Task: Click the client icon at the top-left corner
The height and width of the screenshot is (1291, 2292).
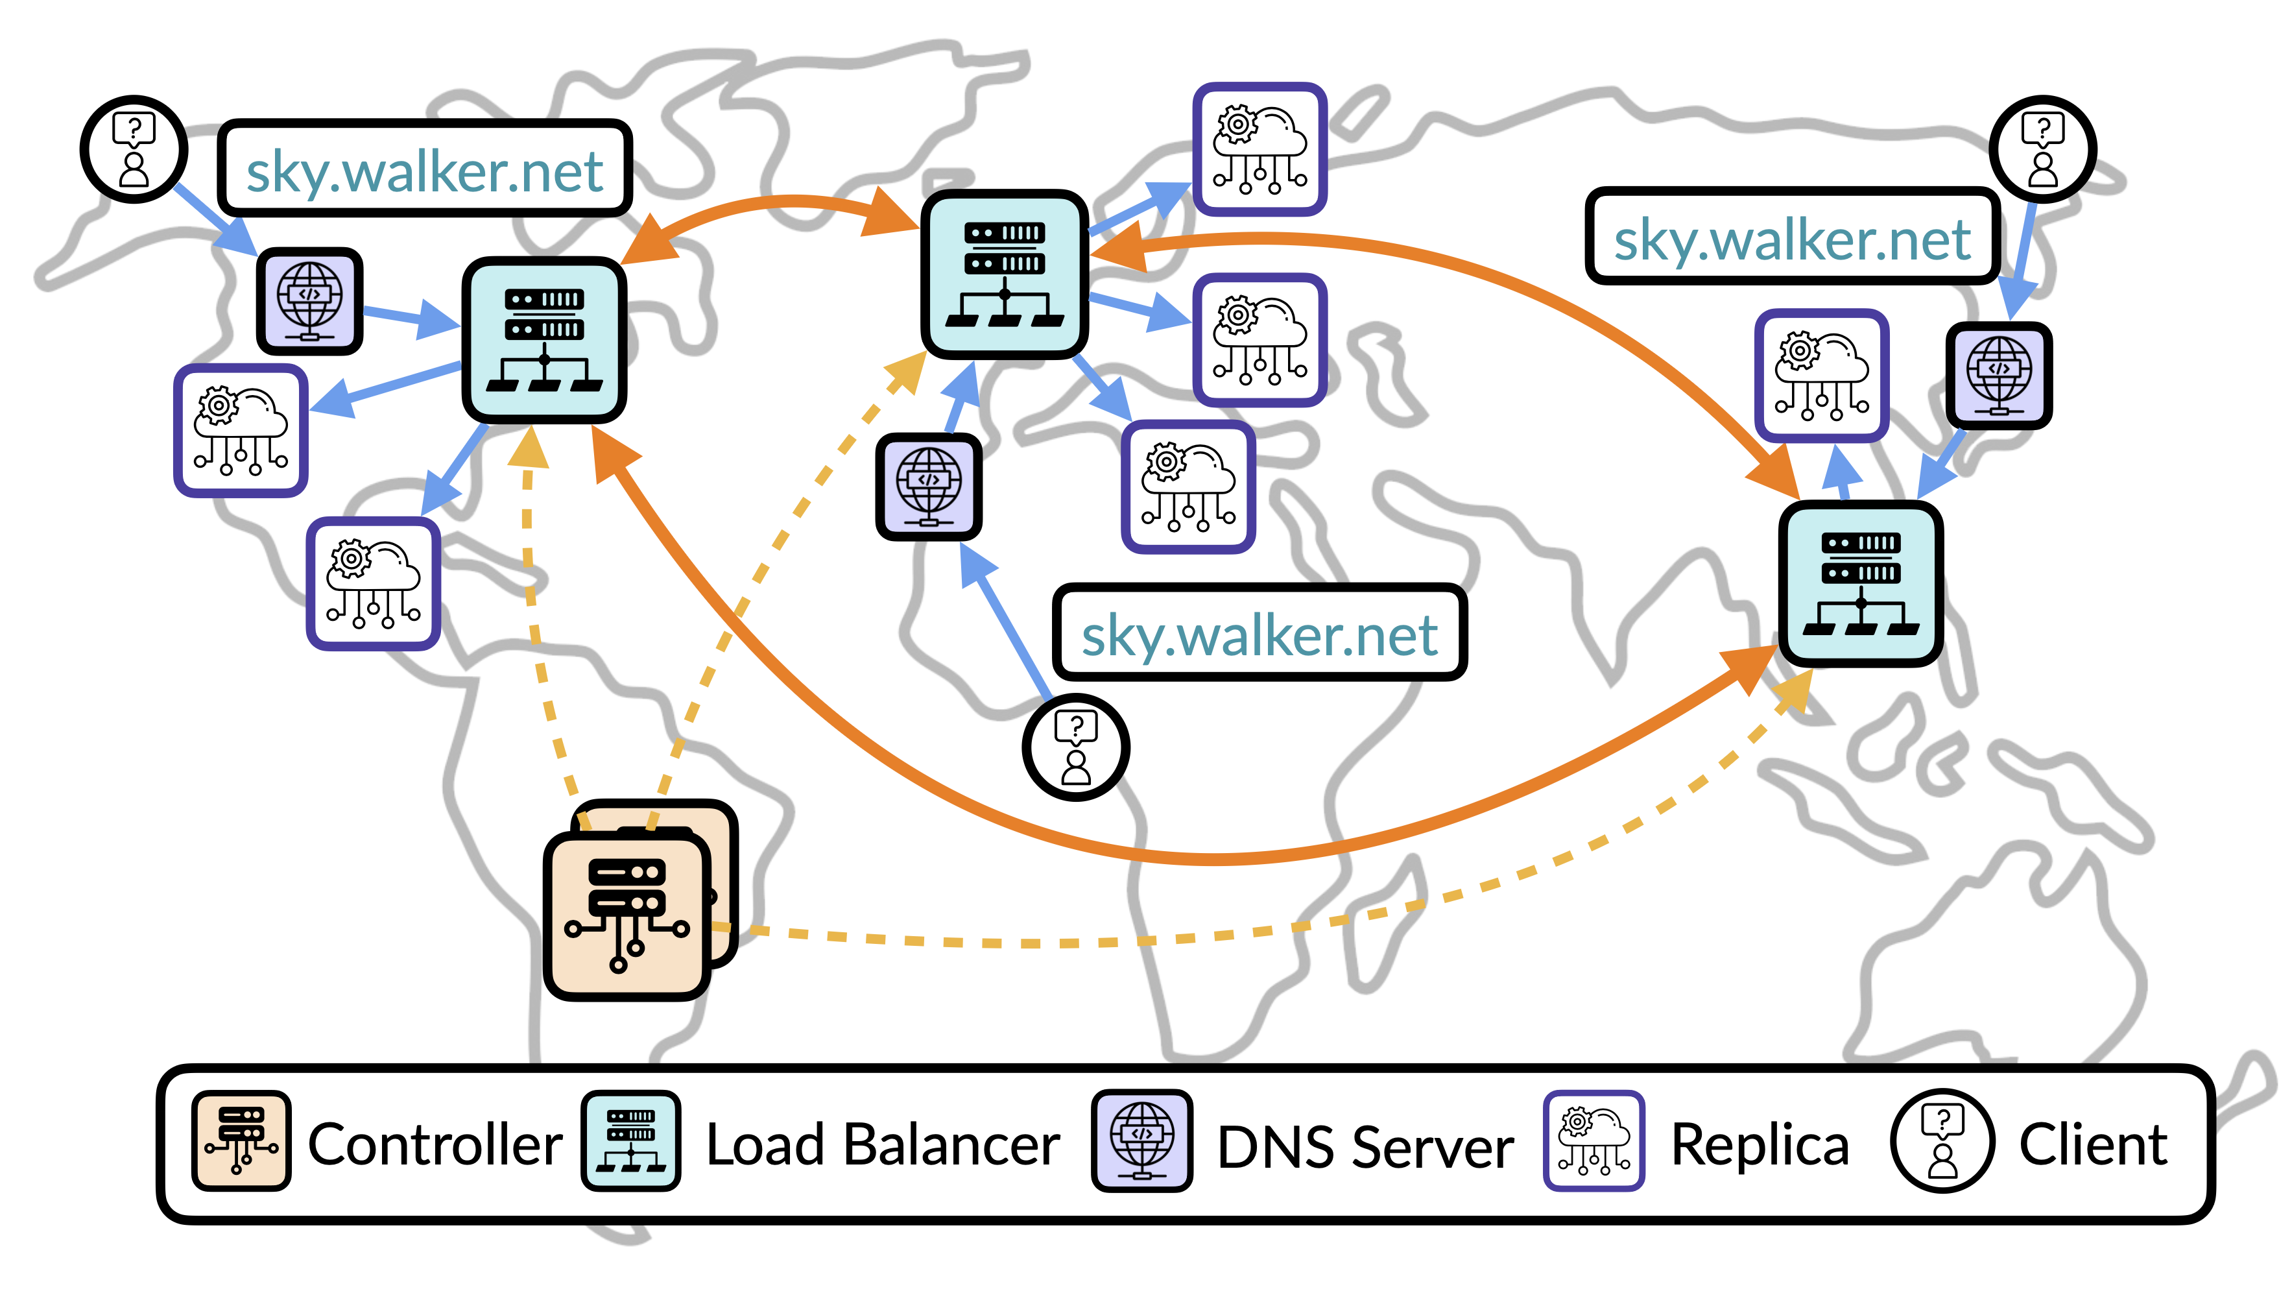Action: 134,149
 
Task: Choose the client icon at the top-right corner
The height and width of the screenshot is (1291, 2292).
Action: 2043,149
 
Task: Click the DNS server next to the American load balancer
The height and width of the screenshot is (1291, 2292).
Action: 309,301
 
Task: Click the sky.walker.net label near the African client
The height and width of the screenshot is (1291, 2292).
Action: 1259,633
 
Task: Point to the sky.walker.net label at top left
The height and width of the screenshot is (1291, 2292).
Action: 424,169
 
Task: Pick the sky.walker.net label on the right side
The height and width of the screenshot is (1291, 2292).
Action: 1792,237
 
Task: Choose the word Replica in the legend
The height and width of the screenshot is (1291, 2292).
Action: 1760,1144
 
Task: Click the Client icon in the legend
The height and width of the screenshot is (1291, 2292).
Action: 1943,1140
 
